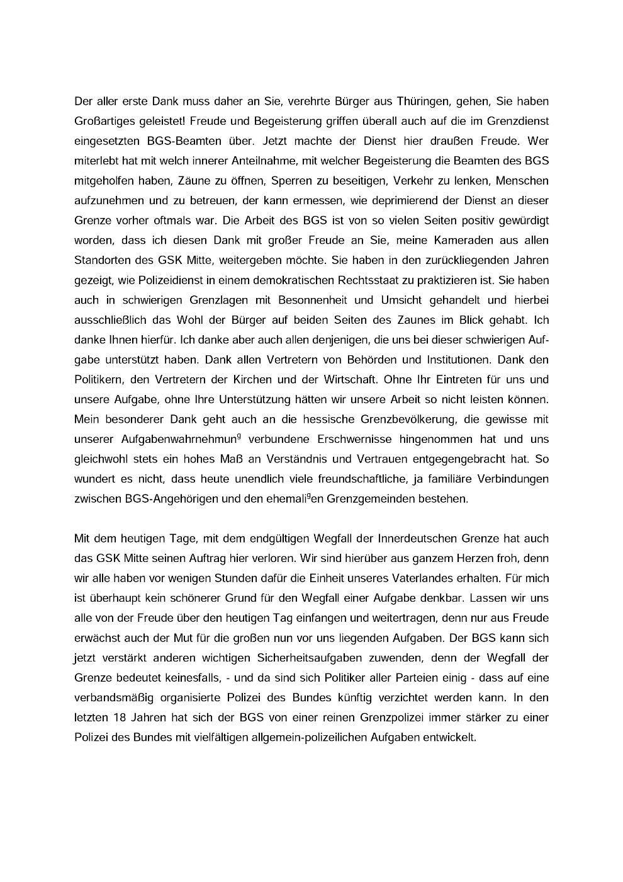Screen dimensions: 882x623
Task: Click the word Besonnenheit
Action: tap(290, 300)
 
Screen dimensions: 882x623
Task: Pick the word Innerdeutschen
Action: tap(417, 539)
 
